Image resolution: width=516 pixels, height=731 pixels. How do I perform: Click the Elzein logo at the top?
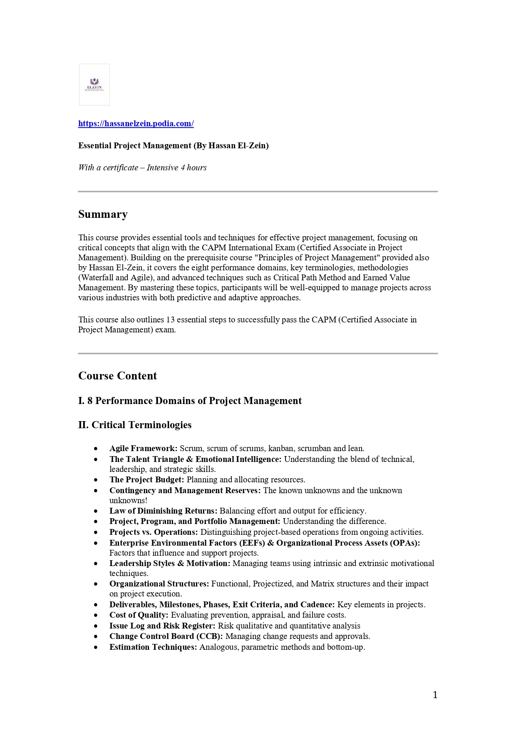pyautogui.click(x=94, y=85)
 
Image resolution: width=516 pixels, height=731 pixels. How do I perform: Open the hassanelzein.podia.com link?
pyautogui.click(x=136, y=123)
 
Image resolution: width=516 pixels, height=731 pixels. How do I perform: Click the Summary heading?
pyautogui.click(x=103, y=214)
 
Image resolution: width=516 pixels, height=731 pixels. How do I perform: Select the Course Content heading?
pyautogui.click(x=117, y=376)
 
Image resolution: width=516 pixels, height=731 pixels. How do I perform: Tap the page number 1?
pyautogui.click(x=435, y=695)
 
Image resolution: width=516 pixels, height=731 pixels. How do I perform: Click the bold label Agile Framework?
pyautogui.click(x=143, y=449)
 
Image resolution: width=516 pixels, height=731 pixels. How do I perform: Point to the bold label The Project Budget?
pyautogui.click(x=146, y=480)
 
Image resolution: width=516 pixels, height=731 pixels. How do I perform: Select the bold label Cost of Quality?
pyautogui.click(x=139, y=615)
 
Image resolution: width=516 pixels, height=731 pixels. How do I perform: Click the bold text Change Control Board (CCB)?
pyautogui.click(x=166, y=636)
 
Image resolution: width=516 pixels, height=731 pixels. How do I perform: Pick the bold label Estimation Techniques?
pyautogui.click(x=153, y=647)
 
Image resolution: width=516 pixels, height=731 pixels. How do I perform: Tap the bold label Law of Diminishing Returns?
pyautogui.click(x=163, y=511)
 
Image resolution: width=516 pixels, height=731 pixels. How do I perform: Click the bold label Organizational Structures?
pyautogui.click(x=159, y=584)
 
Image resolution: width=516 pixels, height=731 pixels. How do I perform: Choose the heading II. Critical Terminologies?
pyautogui.click(x=135, y=425)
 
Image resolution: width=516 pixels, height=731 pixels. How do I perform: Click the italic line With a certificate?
pyautogui.click(x=142, y=168)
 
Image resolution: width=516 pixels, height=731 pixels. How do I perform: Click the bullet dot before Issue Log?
pyautogui.click(x=96, y=626)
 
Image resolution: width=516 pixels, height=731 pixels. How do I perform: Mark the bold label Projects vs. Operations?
pyautogui.click(x=154, y=532)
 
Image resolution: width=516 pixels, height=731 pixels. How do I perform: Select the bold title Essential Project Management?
pyautogui.click(x=173, y=146)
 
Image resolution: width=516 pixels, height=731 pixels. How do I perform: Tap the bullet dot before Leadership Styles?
pyautogui.click(x=96, y=564)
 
